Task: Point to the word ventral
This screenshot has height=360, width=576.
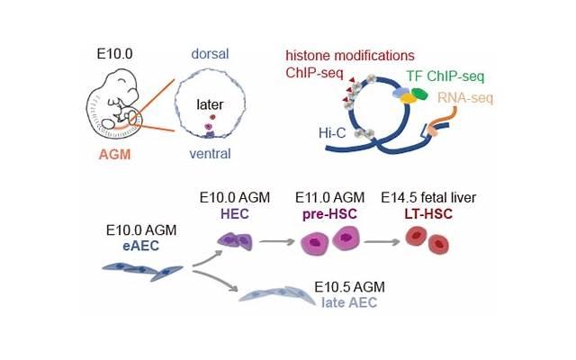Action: tap(208, 154)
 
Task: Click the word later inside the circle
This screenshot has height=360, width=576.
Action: tap(209, 104)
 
